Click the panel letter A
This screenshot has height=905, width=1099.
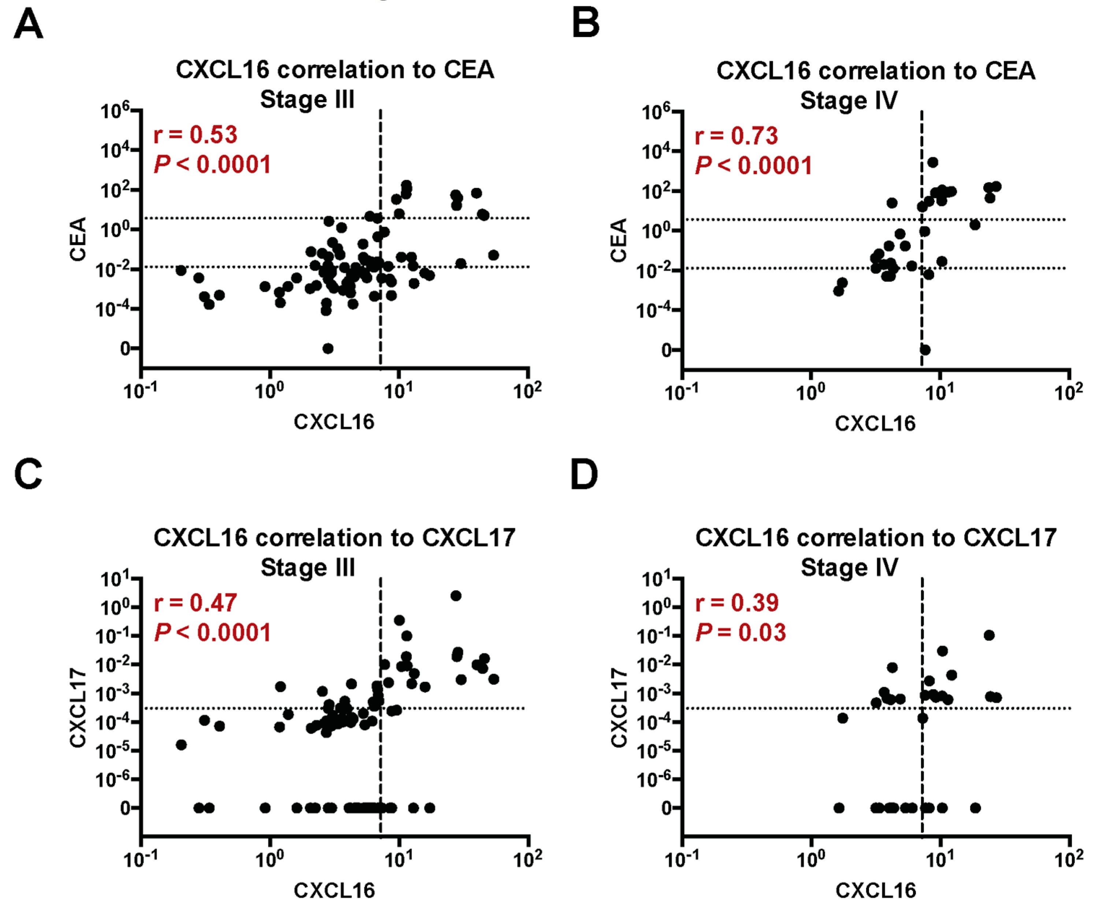coord(28,24)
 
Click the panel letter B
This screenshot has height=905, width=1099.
coord(586,24)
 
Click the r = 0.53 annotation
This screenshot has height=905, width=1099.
coord(196,134)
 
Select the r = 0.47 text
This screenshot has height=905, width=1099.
coord(196,602)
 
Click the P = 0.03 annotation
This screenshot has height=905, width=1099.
coord(741,633)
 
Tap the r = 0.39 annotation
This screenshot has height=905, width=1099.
coord(737,602)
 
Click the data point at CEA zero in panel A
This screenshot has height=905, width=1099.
coord(328,348)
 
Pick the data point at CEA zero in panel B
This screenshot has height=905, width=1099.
coord(925,349)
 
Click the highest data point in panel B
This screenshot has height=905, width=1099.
coord(933,163)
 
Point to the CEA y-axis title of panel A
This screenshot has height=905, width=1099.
coord(78,239)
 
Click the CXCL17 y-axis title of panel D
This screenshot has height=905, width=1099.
coord(619,708)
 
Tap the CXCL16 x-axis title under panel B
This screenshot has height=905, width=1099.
coord(875,423)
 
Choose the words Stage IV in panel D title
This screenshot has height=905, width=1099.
coord(849,567)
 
